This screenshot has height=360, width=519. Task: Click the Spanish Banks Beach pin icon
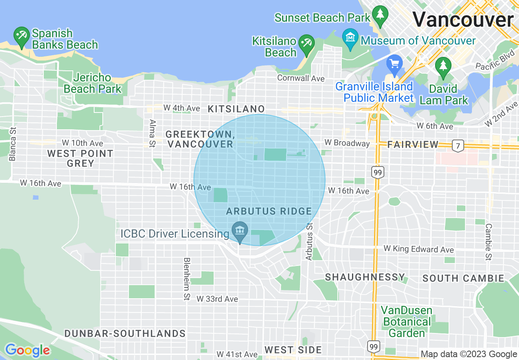pyautogui.click(x=21, y=36)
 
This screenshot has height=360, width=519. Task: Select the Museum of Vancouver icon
pyautogui.click(x=350, y=37)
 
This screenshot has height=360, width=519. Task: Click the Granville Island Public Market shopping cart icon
pyautogui.click(x=395, y=64)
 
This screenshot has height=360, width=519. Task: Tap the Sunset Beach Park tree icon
pyautogui.click(x=381, y=14)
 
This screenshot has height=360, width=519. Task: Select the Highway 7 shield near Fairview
pyautogui.click(x=458, y=145)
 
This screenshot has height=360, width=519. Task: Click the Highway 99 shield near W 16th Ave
pyautogui.click(x=377, y=173)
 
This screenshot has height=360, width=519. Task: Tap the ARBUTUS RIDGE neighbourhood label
pyautogui.click(x=269, y=211)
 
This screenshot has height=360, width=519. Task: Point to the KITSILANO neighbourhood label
pyautogui.click(x=236, y=109)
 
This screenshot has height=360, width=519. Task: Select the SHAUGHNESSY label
pyautogui.click(x=365, y=277)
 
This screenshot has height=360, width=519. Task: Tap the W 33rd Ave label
pyautogui.click(x=217, y=299)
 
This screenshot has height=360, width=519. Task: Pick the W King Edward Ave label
pyautogui.click(x=418, y=249)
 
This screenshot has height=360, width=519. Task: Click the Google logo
pyautogui.click(x=27, y=351)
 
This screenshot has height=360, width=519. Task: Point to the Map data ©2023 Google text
pyautogui.click(x=469, y=354)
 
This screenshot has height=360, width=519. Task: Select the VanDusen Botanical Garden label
pyautogui.click(x=406, y=322)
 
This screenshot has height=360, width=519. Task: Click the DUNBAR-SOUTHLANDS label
pyautogui.click(x=125, y=333)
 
